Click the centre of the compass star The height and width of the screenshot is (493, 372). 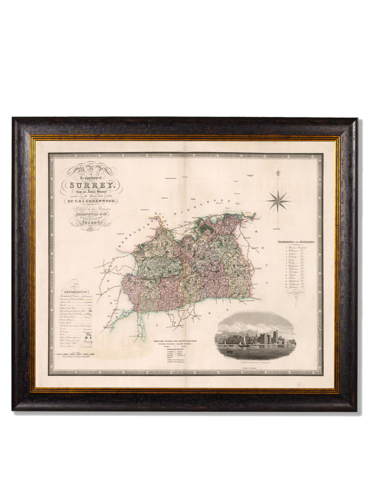click(278, 200)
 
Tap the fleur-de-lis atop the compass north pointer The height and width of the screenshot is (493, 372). click(278, 173)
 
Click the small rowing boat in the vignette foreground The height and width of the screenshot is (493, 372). click(227, 347)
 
